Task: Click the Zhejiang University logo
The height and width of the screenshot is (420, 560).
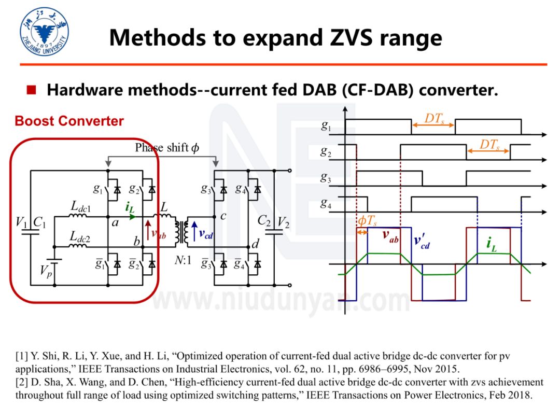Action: (44, 32)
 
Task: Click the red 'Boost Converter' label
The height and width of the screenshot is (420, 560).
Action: (69, 121)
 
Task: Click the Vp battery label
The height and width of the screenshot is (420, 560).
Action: (47, 272)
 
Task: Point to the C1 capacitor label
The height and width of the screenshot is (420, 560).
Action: (40, 222)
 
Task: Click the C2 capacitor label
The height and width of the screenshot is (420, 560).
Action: (264, 221)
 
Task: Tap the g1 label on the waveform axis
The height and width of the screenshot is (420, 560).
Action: (326, 126)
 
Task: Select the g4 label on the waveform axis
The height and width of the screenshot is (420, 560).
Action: (325, 203)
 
